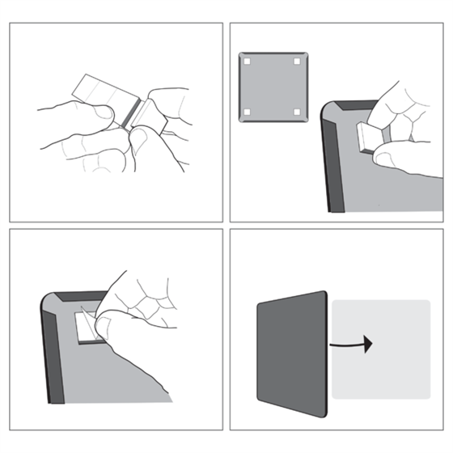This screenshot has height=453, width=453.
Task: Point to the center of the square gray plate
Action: click(273, 87)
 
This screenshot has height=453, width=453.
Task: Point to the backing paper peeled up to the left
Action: click(93, 90)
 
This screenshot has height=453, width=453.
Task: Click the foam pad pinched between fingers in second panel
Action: click(370, 138)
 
